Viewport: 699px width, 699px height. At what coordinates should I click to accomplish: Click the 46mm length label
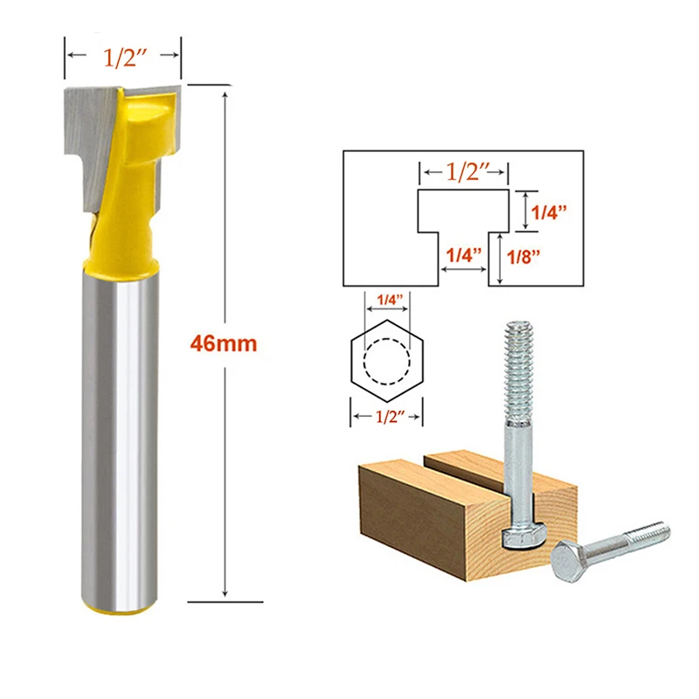[224, 343]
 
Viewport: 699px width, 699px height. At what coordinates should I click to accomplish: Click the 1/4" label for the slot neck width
[463, 256]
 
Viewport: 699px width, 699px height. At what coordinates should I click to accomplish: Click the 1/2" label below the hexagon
[386, 418]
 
